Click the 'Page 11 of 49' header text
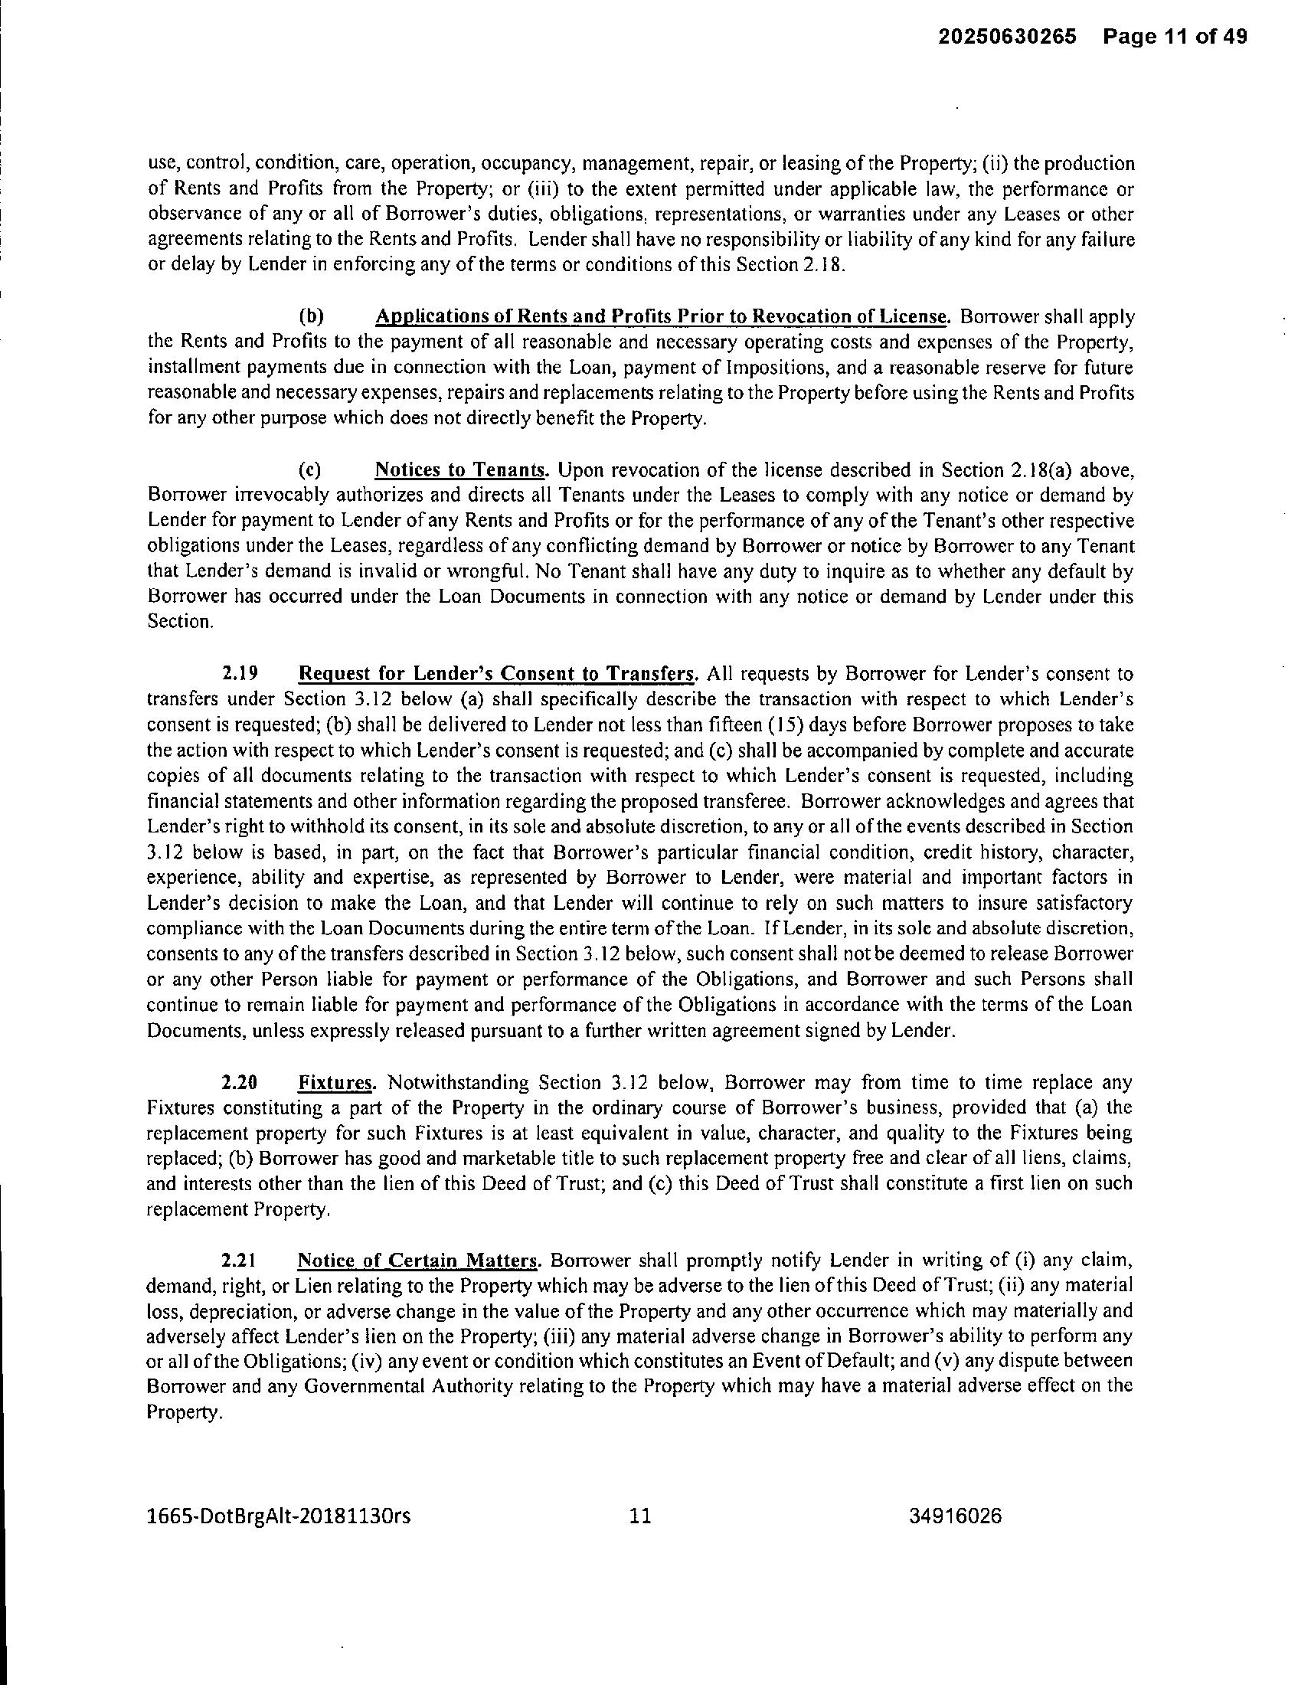click(1175, 37)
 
